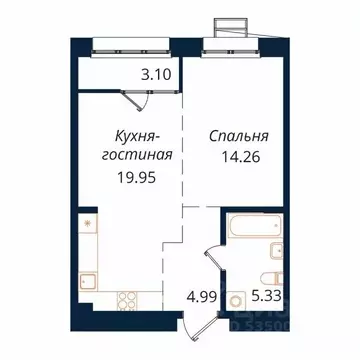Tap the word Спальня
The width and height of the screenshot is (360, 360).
pyautogui.click(x=236, y=137)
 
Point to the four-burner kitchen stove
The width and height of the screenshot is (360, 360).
pyautogui.click(x=128, y=298)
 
